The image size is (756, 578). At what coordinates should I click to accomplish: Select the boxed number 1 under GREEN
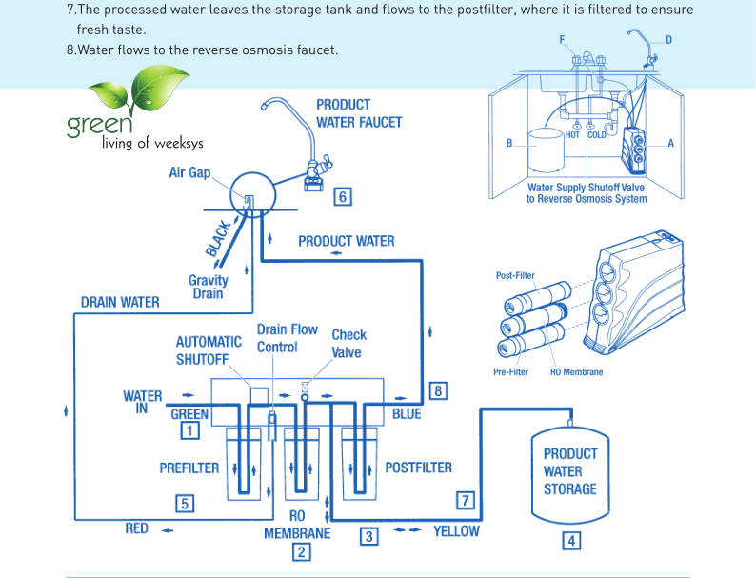[x=190, y=430]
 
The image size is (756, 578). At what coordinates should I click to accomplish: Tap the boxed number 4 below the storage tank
[x=571, y=541]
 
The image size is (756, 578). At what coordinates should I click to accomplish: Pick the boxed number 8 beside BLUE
[x=438, y=390]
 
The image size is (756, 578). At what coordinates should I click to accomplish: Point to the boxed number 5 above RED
[x=186, y=504]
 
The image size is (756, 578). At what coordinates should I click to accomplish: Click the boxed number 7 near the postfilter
[x=466, y=500]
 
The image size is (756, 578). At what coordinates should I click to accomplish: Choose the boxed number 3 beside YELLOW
[x=368, y=536]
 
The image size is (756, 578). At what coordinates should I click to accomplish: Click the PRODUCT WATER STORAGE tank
[x=570, y=471]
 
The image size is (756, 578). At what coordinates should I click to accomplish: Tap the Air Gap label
[x=189, y=173]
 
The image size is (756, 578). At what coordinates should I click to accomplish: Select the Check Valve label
[x=348, y=344]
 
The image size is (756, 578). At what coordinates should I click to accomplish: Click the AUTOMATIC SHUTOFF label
[x=209, y=350]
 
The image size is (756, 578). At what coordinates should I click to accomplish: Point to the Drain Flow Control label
[x=287, y=338]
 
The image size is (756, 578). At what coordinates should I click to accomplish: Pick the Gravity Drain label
[x=208, y=287]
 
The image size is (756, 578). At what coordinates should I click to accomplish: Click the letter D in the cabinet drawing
[x=668, y=39]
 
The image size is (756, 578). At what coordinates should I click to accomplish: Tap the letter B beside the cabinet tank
[x=509, y=144]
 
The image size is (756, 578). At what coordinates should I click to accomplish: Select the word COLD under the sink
[x=596, y=135]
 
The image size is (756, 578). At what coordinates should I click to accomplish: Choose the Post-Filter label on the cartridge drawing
[x=515, y=276]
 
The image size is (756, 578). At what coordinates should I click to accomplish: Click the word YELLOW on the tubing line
[x=456, y=531]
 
